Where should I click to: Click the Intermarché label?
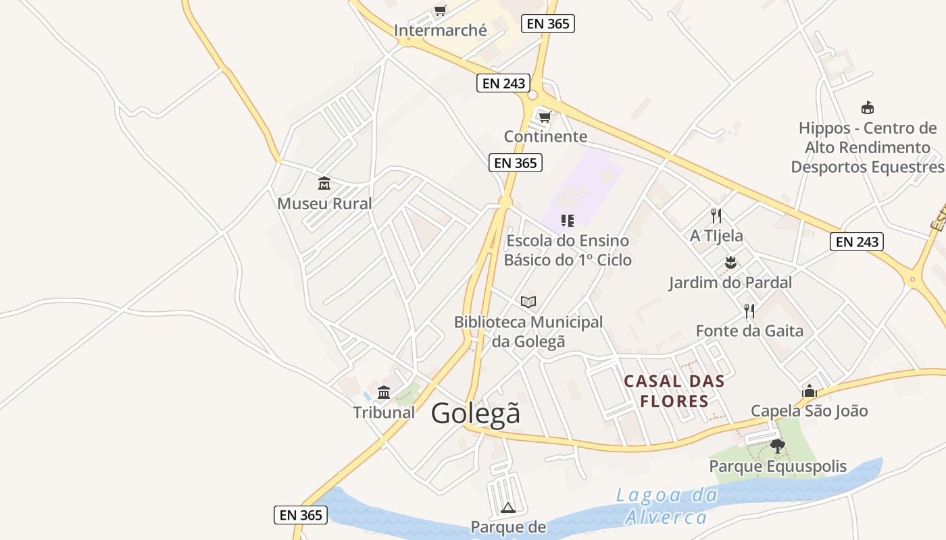pyautogui.click(x=440, y=30)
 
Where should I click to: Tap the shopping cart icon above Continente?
pyautogui.click(x=545, y=117)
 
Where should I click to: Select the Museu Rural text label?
pyautogui.click(x=324, y=203)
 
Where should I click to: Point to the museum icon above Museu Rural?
pyautogui.click(x=324, y=183)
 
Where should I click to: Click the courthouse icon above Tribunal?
pyautogui.click(x=384, y=392)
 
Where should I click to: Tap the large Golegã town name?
pyautogui.click(x=476, y=413)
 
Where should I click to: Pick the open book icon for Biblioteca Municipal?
pyautogui.click(x=528, y=302)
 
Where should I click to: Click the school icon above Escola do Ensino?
pyautogui.click(x=567, y=220)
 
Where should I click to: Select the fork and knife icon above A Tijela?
pyautogui.click(x=716, y=216)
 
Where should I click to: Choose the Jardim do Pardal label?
pyautogui.click(x=730, y=282)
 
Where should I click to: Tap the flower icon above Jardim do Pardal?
pyautogui.click(x=730, y=262)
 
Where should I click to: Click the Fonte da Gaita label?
pyautogui.click(x=749, y=331)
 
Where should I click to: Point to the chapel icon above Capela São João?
pyautogui.click(x=809, y=391)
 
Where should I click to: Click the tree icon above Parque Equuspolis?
pyautogui.click(x=777, y=446)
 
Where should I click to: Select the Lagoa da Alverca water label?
pyautogui.click(x=666, y=506)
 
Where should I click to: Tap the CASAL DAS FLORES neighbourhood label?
pyautogui.click(x=674, y=391)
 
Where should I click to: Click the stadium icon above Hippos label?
pyautogui.click(x=868, y=108)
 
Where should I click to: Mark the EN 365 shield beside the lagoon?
pyautogui.click(x=301, y=515)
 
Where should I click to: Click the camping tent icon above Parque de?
pyautogui.click(x=508, y=508)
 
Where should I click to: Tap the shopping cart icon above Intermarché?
pyautogui.click(x=441, y=10)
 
